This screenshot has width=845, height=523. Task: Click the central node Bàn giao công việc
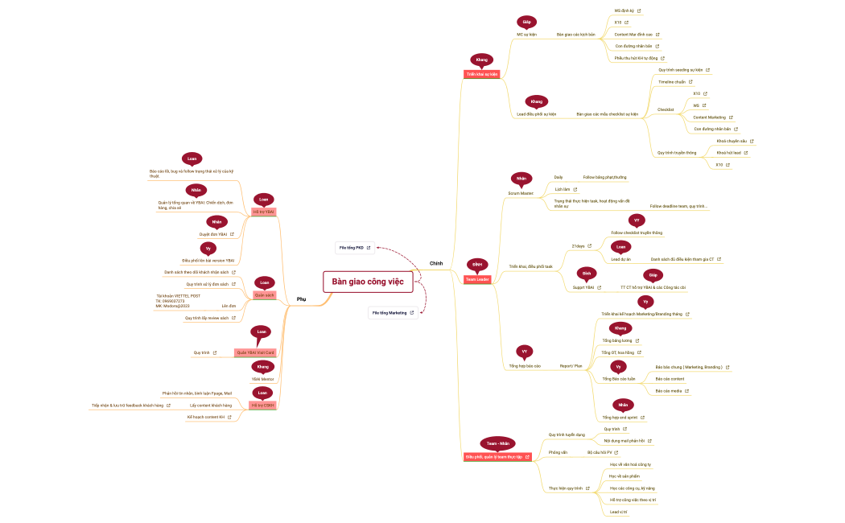coord(367,281)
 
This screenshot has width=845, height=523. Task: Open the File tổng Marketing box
coord(393,312)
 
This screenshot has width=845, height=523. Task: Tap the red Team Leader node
coord(477,279)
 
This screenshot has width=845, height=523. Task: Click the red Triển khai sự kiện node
coord(481,73)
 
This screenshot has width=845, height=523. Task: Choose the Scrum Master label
coord(521,193)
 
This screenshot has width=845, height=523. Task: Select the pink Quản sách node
coord(264,295)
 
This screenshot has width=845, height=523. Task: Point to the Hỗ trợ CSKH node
coord(262,405)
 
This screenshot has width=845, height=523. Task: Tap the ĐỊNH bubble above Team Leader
coord(477,264)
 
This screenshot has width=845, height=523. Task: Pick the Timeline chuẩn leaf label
coord(672,81)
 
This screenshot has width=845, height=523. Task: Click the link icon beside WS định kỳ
coord(639,10)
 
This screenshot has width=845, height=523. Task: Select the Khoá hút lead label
coord(728,152)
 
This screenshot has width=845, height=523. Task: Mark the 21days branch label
coord(578,245)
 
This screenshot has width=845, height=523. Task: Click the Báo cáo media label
coord(668,390)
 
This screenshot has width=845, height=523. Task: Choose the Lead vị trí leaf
coord(618,512)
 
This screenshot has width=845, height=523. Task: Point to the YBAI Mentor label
coord(263,378)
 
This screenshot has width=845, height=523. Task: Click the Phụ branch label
coord(302,299)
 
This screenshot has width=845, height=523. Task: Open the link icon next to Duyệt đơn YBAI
coord(233,234)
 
